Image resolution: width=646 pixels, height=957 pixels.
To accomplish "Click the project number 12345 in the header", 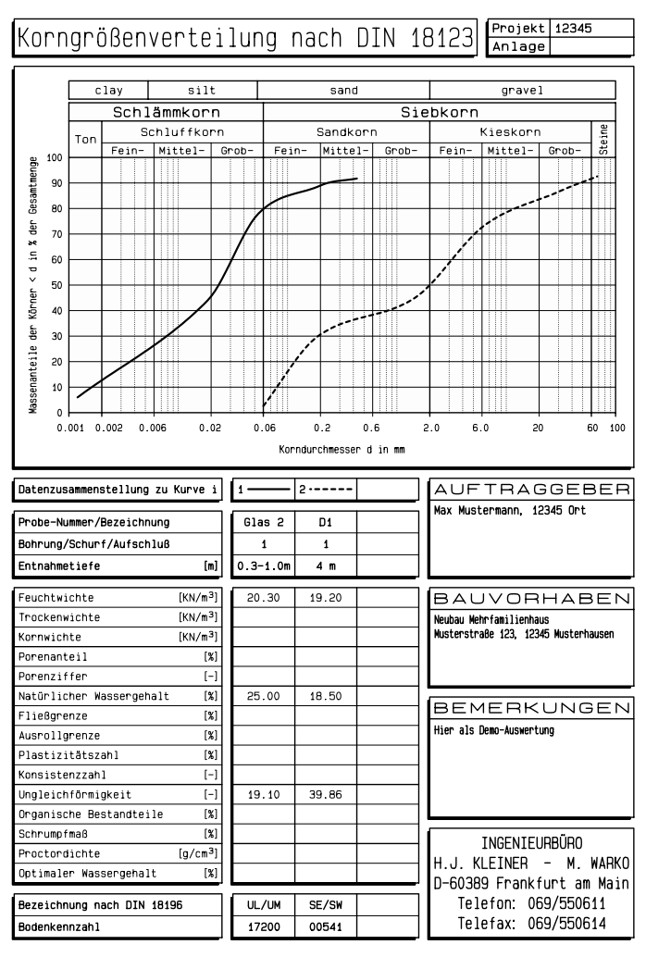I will pyautogui.click(x=574, y=28).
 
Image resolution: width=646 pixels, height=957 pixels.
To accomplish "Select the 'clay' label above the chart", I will pyautogui.click(x=108, y=91).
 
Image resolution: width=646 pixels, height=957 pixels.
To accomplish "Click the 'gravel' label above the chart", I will pyautogui.click(x=522, y=91).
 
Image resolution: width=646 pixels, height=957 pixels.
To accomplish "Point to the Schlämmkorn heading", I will pyautogui.click(x=166, y=112).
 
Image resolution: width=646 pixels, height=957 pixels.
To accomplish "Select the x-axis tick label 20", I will pyautogui.click(x=537, y=428).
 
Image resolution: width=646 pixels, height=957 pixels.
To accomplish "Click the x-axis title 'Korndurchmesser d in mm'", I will pyautogui.click(x=342, y=449).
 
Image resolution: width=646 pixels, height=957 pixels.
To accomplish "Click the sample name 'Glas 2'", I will pyautogui.click(x=263, y=523).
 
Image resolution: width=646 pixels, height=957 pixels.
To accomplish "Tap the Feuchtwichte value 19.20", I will pyautogui.click(x=326, y=598).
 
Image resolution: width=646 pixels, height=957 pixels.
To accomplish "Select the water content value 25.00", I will pyautogui.click(x=263, y=695).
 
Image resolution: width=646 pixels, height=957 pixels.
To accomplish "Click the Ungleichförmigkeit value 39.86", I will pyautogui.click(x=326, y=793).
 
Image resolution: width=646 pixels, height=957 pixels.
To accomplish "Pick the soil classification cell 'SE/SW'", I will pyautogui.click(x=326, y=903).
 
